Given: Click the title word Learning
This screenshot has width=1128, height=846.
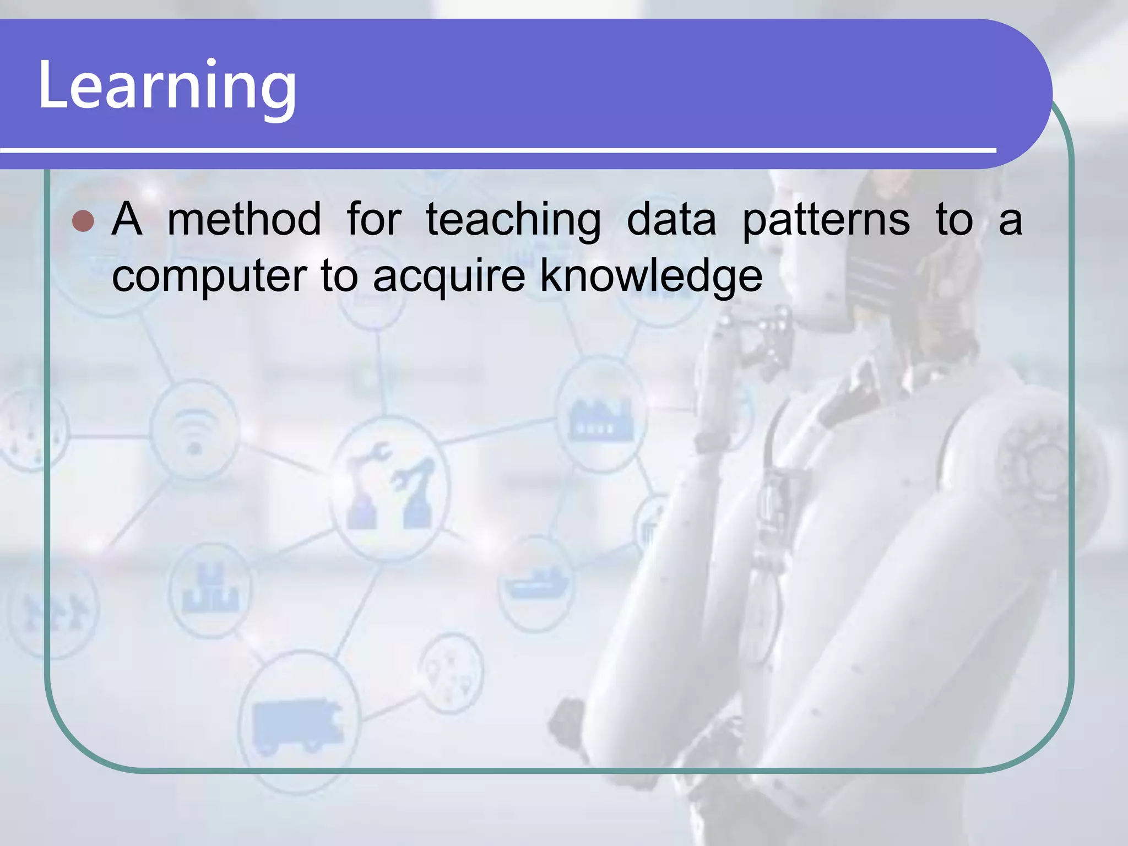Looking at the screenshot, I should click(167, 85).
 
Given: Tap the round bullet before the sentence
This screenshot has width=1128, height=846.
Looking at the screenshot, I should click(83, 221).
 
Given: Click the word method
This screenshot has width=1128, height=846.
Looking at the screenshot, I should click(244, 219).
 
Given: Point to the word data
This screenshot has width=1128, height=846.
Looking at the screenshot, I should click(671, 219).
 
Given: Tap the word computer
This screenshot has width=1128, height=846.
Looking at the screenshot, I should click(209, 276).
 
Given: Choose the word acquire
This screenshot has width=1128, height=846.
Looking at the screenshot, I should click(449, 276).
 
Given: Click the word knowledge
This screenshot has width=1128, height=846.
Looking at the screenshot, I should click(651, 276).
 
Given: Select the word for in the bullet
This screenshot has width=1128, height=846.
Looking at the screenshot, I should click(374, 219).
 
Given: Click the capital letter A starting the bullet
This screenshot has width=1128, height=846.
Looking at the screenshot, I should click(127, 219).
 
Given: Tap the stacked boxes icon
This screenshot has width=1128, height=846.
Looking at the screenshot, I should click(211, 589).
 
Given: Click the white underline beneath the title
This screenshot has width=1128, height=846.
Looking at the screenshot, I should click(496, 150).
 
